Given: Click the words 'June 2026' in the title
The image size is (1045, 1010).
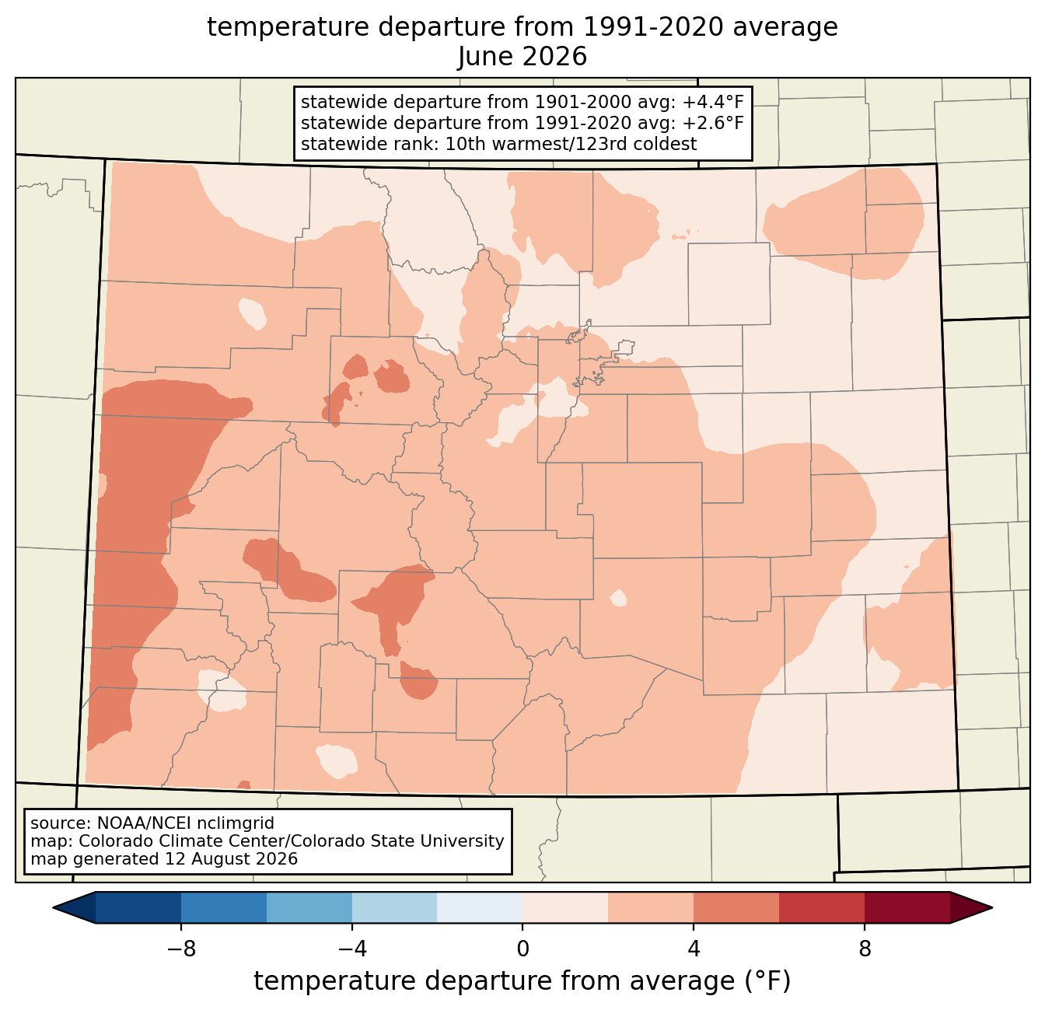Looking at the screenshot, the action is click(522, 57).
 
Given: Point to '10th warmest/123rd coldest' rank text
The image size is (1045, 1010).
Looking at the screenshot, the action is click(571, 144).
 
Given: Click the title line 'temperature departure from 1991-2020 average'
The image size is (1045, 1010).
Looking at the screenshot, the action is click(522, 27).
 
